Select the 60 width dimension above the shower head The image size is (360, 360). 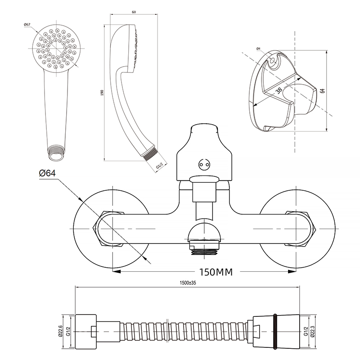(134, 12)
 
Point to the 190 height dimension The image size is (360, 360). (103, 93)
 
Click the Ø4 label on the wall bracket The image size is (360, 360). (259, 49)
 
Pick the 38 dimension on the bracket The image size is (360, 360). (279, 90)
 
